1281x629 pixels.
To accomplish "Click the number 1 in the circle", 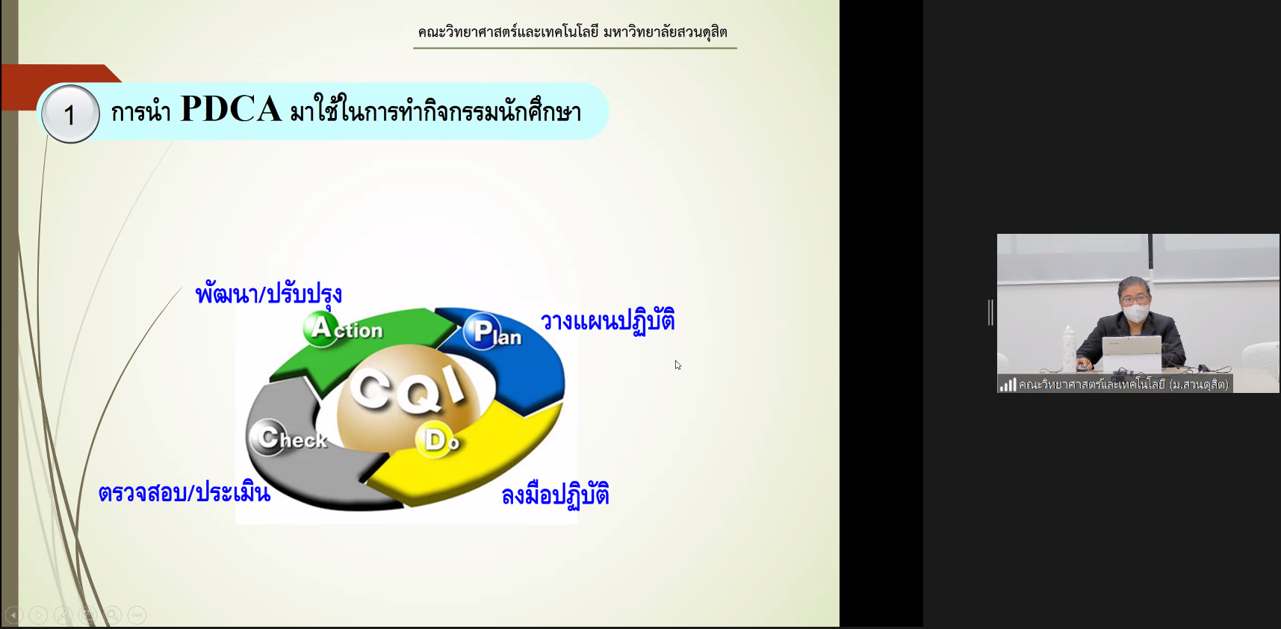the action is (69, 115).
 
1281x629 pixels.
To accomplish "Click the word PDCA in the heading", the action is (231, 109).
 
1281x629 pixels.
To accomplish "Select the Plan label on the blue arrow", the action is (492, 332).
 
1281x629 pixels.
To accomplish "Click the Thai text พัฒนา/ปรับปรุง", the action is (269, 293).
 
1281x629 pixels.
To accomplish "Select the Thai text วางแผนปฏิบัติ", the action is (608, 320).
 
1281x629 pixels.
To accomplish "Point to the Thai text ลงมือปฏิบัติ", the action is (555, 495).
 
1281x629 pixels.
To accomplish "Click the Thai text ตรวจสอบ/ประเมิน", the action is (184, 492).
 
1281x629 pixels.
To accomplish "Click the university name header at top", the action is (573, 31).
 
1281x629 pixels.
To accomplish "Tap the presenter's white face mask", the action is (1136, 313).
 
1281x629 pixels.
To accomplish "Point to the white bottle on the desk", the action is (1069, 347).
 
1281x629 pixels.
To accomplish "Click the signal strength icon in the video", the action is (1008, 385).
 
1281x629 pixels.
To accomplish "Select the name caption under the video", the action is (1123, 385).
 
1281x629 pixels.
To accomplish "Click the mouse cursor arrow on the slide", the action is (677, 365).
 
